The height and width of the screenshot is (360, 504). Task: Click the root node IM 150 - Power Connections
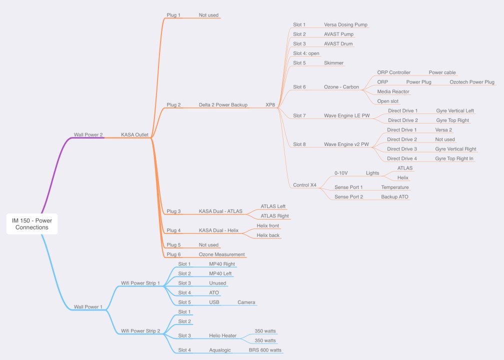click(32, 223)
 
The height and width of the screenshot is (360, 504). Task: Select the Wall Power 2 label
click(88, 134)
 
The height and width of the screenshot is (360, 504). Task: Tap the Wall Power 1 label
click(88, 306)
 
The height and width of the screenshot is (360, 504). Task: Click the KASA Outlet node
click(134, 134)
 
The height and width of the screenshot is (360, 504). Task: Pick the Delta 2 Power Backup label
click(223, 105)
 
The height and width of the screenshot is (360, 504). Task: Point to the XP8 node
click(270, 105)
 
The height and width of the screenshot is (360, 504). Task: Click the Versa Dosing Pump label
click(345, 24)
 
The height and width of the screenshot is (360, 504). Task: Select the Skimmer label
click(333, 63)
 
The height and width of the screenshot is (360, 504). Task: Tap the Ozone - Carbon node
click(341, 87)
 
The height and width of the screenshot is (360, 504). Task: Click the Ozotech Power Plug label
click(471, 82)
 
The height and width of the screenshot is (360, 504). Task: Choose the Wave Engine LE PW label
click(346, 115)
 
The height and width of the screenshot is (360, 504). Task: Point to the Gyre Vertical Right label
click(455, 149)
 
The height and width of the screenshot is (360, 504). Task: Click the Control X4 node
click(304, 185)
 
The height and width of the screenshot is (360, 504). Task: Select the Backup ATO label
click(395, 197)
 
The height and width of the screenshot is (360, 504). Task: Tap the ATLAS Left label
click(273, 206)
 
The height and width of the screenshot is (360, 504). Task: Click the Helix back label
click(268, 235)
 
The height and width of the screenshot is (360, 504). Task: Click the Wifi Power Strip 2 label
click(140, 331)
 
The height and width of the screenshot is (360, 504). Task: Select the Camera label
click(246, 302)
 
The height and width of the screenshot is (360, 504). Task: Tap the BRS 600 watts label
click(265, 350)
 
